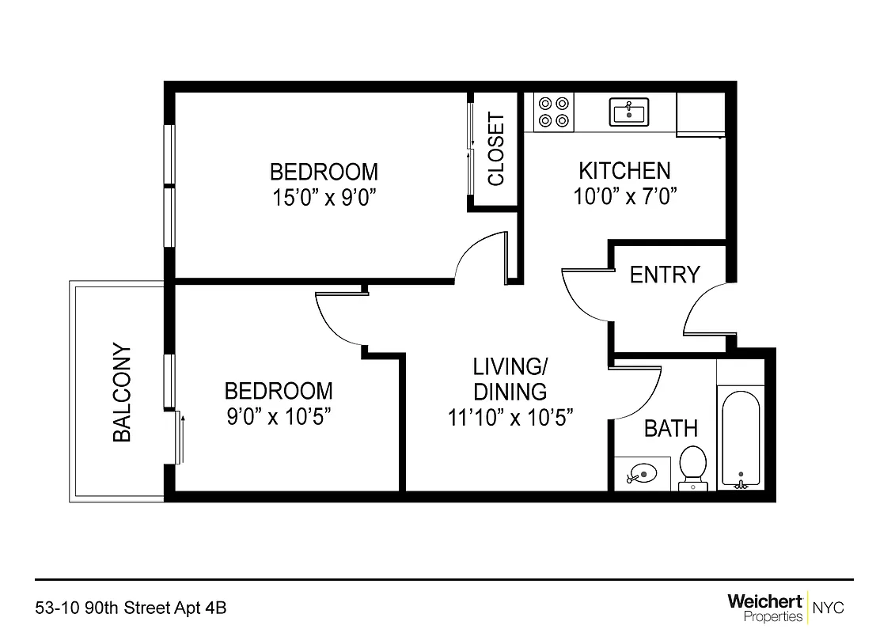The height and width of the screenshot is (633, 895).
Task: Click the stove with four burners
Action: (553, 112)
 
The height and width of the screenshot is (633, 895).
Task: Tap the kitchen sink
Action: (629, 112)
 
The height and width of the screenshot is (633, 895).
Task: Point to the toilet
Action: (692, 466)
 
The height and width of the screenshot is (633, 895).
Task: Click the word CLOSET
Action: (496, 149)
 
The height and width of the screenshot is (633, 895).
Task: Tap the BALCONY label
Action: (121, 392)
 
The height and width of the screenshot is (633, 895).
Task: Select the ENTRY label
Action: (665, 275)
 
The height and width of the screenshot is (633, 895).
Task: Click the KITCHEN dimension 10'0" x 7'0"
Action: (624, 195)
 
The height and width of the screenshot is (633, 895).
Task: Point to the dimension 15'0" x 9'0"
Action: (324, 197)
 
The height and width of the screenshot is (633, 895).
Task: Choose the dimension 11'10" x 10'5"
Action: (510, 416)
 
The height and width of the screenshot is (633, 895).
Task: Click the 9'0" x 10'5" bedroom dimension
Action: (279, 416)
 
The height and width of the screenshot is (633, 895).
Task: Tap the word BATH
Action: (670, 429)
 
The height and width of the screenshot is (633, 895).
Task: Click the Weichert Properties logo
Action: (764, 608)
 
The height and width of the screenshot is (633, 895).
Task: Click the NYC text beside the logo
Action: (829, 608)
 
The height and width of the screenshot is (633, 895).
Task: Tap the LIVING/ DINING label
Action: (510, 379)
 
